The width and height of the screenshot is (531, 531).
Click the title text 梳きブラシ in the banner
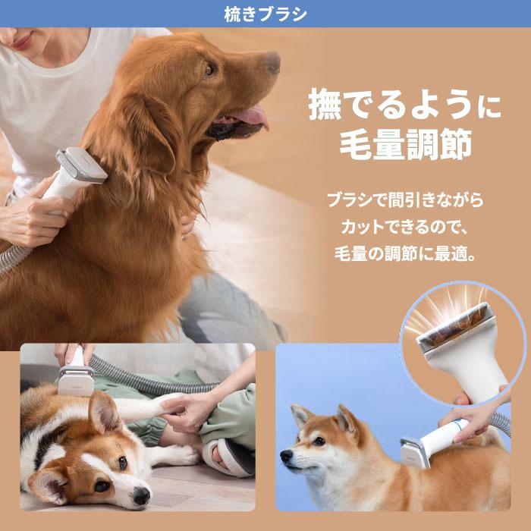click(265, 14)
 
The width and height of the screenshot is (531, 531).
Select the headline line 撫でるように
click(404, 107)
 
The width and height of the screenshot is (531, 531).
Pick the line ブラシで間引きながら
click(404, 201)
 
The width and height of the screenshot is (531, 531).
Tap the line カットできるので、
click(404, 227)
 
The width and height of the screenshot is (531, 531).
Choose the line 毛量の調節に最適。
click(404, 253)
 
